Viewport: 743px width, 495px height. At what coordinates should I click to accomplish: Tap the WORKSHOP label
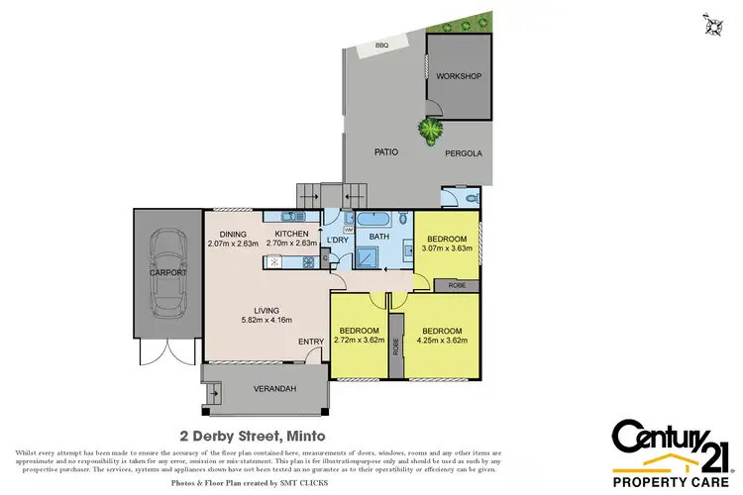point(460,76)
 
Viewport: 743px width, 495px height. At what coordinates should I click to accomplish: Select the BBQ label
point(381,46)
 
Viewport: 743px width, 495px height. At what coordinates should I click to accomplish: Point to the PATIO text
point(386,153)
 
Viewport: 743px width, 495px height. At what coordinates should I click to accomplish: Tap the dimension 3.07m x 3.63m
point(446,249)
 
